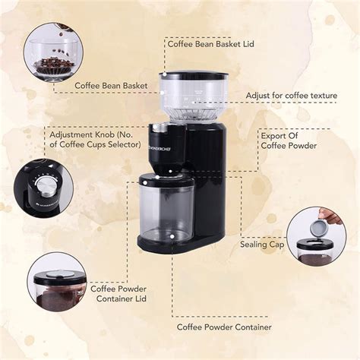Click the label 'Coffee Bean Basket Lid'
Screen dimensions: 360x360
pyautogui.click(x=210, y=45)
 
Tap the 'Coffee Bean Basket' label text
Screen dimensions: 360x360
pyautogui.click(x=111, y=87)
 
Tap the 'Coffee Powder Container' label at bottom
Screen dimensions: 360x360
pyautogui.click(x=224, y=327)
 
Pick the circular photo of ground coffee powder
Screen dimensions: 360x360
pyautogui.click(x=55, y=285)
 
